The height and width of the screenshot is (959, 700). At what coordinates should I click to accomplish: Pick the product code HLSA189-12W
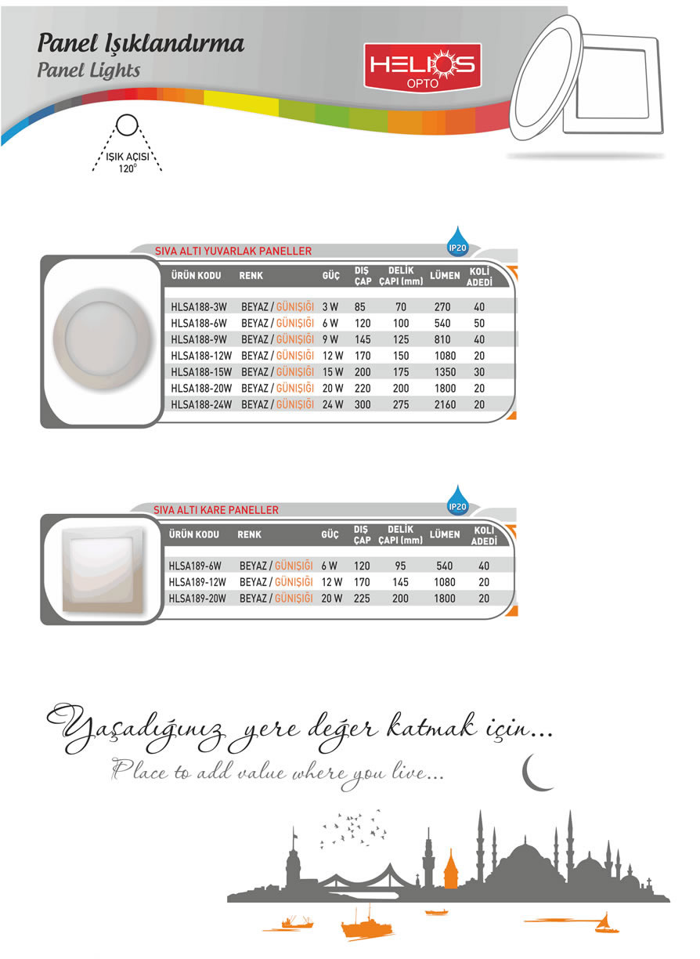[x=197, y=582]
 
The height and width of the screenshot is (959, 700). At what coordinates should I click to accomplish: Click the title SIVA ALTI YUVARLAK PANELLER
[x=233, y=252]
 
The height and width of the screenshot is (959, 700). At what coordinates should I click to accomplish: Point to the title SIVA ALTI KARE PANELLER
[x=216, y=510]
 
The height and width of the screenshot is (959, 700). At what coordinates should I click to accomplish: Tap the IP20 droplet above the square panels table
[x=457, y=500]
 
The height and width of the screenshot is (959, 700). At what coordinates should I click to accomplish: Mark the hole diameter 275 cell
[x=400, y=405]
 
